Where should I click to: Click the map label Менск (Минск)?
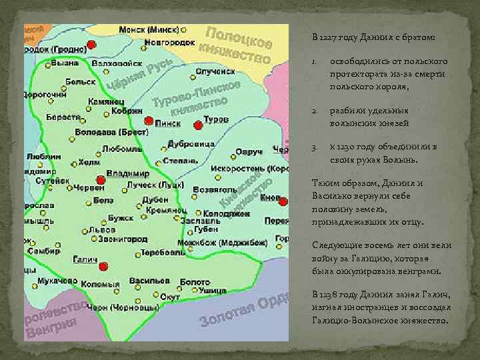pyautogui.click(x=149, y=30)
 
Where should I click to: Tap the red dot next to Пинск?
pyautogui.click(x=148, y=120)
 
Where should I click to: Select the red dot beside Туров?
pyautogui.click(x=197, y=125)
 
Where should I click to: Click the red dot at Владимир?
pyautogui.click(x=100, y=180)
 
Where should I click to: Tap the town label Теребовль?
pyautogui.click(x=163, y=253)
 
